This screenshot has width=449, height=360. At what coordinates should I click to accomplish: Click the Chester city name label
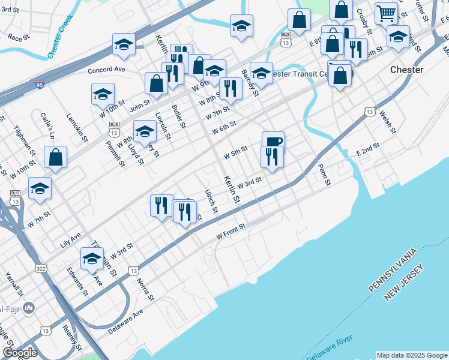[x=406, y=70]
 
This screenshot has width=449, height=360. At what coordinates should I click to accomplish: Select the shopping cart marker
[x=386, y=13]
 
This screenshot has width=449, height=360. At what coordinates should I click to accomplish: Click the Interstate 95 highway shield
[x=39, y=86]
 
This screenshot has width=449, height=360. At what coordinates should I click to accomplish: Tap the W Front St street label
[x=232, y=231]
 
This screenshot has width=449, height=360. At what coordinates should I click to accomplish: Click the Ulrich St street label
[x=210, y=202]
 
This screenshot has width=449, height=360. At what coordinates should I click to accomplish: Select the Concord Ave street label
[x=106, y=70]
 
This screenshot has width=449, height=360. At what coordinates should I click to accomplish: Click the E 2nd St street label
[x=368, y=149]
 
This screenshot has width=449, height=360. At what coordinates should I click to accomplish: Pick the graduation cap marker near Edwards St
[x=92, y=259]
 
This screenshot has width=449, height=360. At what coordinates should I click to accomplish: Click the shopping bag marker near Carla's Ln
[x=55, y=158]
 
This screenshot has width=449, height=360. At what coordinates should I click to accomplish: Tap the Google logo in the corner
[x=20, y=353]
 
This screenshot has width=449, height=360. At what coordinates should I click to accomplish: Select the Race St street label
[x=19, y=37]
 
